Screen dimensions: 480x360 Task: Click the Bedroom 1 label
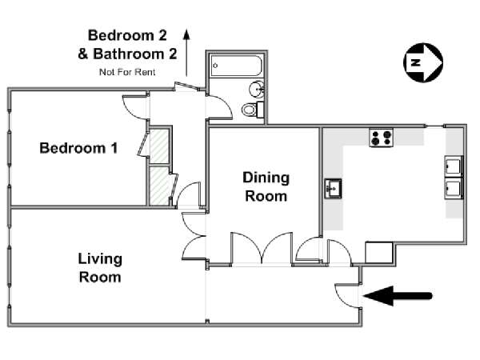[x=78, y=148]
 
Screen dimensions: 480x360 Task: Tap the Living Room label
[x=100, y=268]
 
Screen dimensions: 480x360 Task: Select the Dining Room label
[x=266, y=186]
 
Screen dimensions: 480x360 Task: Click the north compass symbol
[x=423, y=62]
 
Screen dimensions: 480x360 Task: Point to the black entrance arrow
[x=398, y=296]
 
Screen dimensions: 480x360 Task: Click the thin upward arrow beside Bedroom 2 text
[x=186, y=52]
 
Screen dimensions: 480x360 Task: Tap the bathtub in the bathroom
[x=236, y=66]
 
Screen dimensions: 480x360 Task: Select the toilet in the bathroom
[x=252, y=110]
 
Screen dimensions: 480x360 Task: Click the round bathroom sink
[x=257, y=89]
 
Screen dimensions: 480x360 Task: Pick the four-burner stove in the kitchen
[x=381, y=138]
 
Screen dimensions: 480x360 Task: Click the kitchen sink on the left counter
[x=333, y=189]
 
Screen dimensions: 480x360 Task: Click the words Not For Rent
[x=127, y=72]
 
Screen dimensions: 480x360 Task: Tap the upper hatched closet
[x=159, y=146]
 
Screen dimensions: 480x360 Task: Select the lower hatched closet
[x=159, y=186]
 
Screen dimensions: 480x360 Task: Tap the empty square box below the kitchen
[x=379, y=253]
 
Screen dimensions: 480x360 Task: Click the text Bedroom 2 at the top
[x=127, y=35]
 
